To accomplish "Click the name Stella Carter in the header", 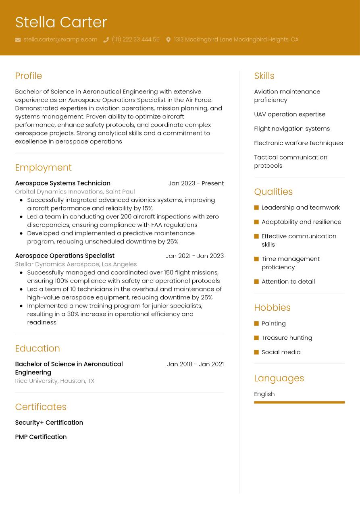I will [x=61, y=22].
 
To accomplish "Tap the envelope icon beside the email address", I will [x=18, y=40].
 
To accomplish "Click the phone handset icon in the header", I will [x=106, y=40].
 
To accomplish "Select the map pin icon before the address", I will [x=168, y=40].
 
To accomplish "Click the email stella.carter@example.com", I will [x=60, y=39].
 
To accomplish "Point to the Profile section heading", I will [x=28, y=76].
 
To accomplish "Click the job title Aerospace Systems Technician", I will [x=62, y=183].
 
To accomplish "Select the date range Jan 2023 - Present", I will [x=196, y=183].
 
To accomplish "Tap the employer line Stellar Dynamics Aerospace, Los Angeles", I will [x=76, y=264].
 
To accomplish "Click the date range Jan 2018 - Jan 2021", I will [x=195, y=364].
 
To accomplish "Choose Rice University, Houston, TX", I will [x=54, y=381].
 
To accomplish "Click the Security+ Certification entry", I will [x=49, y=423].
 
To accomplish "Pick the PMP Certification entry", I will [x=41, y=437].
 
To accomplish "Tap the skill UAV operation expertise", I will [x=289, y=114].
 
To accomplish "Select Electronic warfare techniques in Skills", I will [x=298, y=143].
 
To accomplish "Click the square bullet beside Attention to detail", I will [x=256, y=282].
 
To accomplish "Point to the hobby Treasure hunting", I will [x=287, y=338].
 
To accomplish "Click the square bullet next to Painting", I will [x=256, y=324].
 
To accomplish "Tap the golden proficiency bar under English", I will [x=299, y=402].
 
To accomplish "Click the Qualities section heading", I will [x=273, y=192].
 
